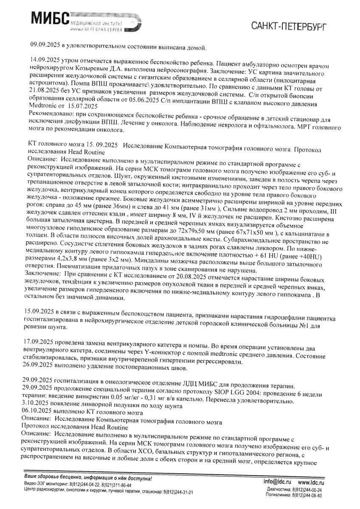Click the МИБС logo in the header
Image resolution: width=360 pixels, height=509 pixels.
(x=50, y=18)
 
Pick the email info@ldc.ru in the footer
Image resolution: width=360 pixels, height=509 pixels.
(x=277, y=482)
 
